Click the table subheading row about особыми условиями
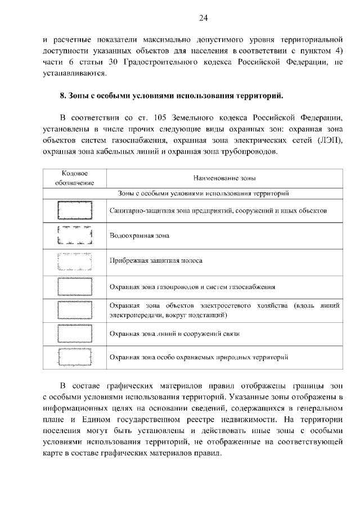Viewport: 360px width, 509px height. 203,193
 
